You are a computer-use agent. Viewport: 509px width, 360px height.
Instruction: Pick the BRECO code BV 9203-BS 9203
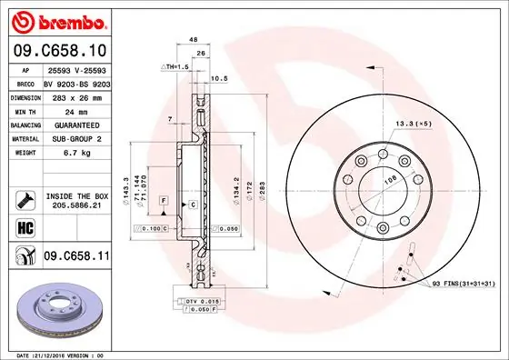click(x=74, y=82)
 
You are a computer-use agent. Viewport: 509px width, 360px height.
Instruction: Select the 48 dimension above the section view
click(x=194, y=41)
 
